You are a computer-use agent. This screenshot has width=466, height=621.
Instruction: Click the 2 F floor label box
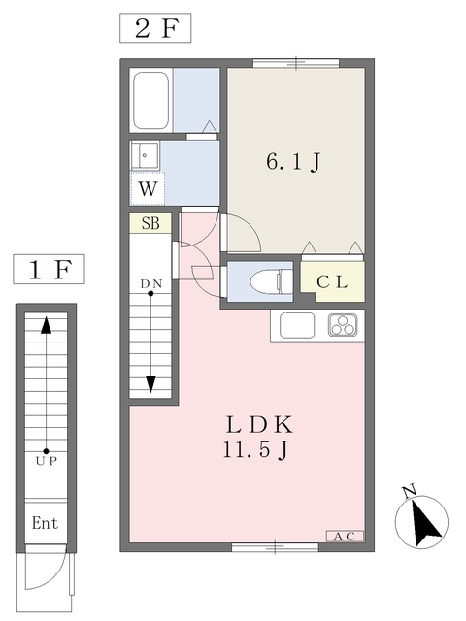pos(155,28)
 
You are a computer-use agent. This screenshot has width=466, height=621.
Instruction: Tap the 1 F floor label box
pos(49,270)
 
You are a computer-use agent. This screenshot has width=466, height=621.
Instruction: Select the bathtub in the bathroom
pos(150,100)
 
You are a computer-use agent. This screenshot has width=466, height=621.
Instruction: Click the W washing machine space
pos(148,189)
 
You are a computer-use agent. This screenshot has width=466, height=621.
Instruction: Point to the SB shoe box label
pos(150,224)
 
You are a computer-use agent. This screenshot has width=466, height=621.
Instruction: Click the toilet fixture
pos(271,281)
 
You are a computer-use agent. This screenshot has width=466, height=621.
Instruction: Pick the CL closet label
pos(332,282)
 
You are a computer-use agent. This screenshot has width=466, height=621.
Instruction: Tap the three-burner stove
pos(343,325)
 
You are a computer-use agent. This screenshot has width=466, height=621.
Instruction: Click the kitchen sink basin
pos(297,326)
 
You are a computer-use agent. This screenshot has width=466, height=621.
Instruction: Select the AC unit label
pos(345,537)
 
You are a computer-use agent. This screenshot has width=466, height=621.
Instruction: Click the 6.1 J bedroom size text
pos(293,162)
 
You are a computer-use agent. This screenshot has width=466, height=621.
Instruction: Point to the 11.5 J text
pos(255,450)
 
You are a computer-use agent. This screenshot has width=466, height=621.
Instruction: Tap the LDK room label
pos(259,424)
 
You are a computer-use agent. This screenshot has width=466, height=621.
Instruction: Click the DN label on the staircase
pos(151,283)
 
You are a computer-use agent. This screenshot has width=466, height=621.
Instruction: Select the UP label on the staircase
pos(46,461)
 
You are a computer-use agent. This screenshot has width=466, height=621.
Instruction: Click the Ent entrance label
pos(45,523)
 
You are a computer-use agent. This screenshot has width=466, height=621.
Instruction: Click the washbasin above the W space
pos(145,155)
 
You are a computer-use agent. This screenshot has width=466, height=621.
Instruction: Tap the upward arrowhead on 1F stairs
pos(47,325)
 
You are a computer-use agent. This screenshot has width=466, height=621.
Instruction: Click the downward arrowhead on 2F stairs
pos(150,384)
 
